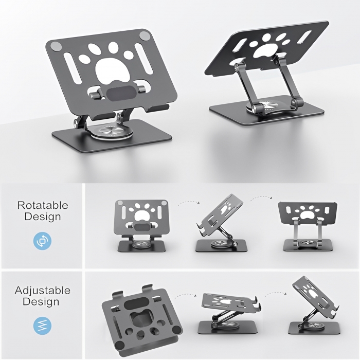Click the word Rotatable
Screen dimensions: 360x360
point(43,205)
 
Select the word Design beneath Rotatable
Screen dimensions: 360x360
point(43,217)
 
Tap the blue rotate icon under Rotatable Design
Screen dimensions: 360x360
point(42,240)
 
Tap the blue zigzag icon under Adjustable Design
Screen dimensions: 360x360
point(42,325)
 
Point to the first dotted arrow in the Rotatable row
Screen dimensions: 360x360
point(188,203)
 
